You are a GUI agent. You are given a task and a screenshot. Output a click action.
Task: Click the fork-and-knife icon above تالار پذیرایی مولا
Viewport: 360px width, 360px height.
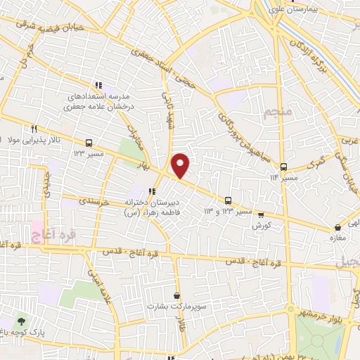(33, 129)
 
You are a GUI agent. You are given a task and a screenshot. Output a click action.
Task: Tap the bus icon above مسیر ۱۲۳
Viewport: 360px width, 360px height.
(89, 141)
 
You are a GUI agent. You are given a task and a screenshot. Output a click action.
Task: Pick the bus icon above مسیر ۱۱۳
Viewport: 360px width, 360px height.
(283, 167)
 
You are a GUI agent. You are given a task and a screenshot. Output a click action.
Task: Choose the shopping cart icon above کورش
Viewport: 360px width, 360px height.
(261, 215)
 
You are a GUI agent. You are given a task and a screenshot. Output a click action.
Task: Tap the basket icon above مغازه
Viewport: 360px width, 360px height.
(339, 228)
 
